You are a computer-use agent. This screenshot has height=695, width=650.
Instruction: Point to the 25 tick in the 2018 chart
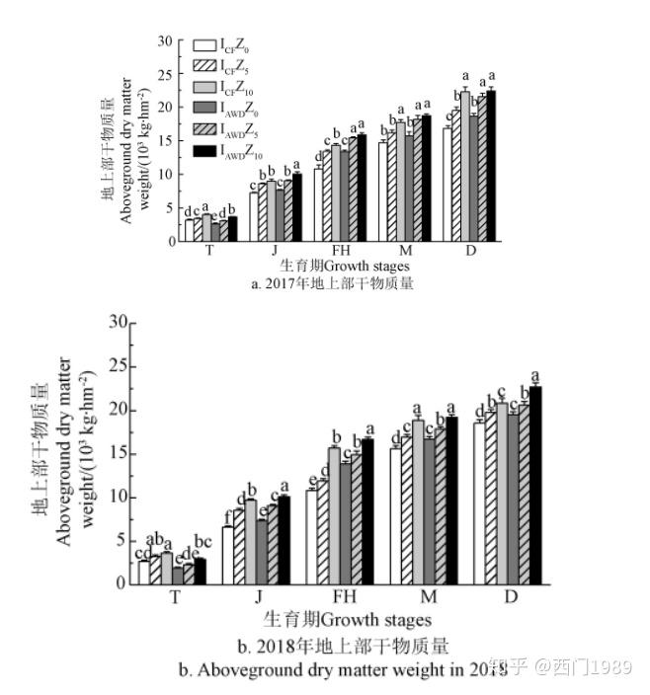point(120,366)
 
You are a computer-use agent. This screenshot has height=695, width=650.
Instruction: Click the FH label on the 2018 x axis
point(344,597)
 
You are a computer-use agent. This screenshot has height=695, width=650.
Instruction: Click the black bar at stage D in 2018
point(535,485)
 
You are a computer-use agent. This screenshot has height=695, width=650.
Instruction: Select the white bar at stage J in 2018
point(228,555)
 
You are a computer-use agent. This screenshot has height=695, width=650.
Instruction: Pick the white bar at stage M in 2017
point(383,192)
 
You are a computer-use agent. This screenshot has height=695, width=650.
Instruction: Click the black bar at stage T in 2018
point(201,572)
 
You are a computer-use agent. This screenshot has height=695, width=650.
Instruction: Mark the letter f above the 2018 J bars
point(227,515)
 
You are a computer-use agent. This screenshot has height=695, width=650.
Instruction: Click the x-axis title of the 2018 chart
point(348,620)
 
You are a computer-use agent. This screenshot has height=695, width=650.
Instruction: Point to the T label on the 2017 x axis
point(209,251)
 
